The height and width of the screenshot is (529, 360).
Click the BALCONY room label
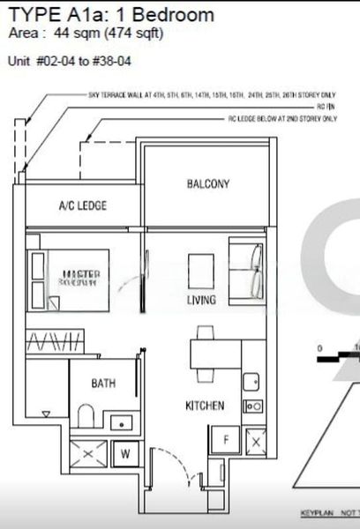coord(208,184)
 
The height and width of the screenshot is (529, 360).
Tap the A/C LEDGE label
coord(82,205)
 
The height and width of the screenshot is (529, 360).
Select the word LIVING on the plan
coord(201,301)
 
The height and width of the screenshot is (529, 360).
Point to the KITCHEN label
coord(204,406)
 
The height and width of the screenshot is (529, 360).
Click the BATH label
coord(104,384)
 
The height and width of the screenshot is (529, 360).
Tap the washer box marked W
coord(125,455)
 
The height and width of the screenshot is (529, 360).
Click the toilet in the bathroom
coord(86,414)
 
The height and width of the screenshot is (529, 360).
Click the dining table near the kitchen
coord(206,354)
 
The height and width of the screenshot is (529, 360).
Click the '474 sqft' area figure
coord(132,34)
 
